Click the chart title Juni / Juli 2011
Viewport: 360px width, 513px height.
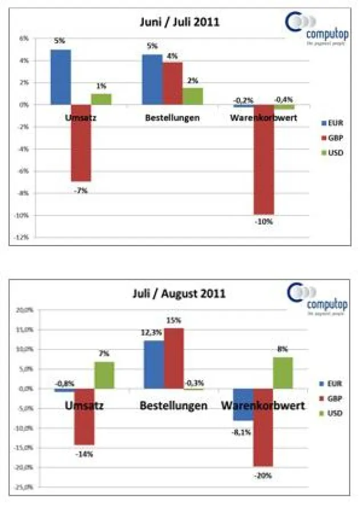point(180,22)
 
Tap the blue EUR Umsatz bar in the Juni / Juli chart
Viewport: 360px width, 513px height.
point(60,77)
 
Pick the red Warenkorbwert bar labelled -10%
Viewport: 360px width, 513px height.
point(264,159)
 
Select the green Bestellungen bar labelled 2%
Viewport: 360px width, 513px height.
point(193,96)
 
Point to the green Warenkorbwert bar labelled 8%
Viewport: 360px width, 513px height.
point(283,373)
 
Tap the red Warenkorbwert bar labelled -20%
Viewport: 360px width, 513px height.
point(264,427)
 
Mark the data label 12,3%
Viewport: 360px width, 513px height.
point(148,332)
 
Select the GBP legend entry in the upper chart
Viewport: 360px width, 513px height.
point(334,137)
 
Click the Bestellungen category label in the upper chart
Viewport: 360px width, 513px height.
point(172,119)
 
